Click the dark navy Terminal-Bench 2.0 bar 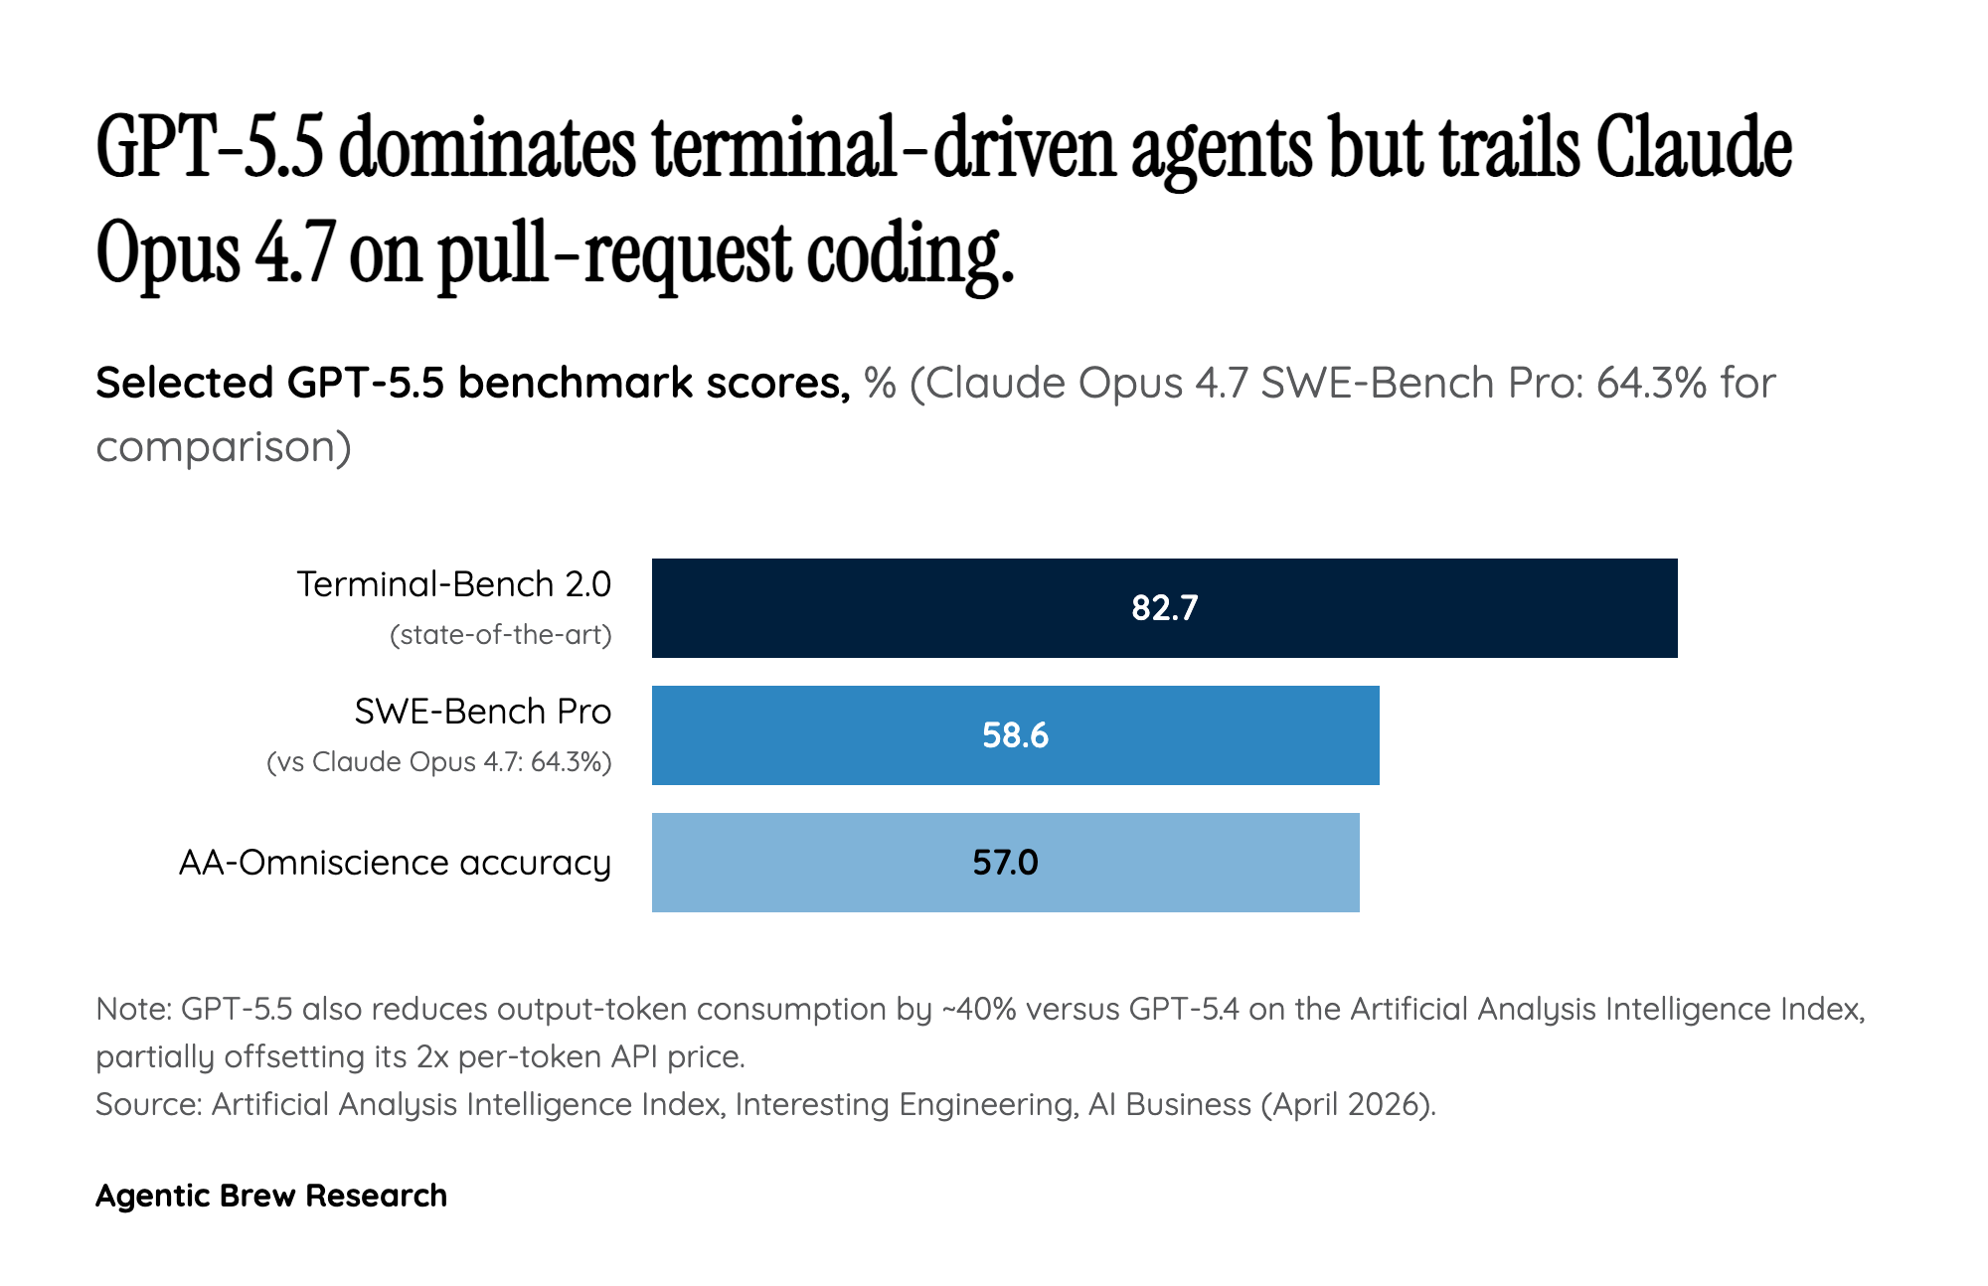(1392, 608)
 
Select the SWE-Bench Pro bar (1193, 735)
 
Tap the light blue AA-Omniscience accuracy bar (1193, 863)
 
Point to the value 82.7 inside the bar (1164, 608)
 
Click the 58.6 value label (1015, 735)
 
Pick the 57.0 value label (1005, 863)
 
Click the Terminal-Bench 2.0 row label (453, 584)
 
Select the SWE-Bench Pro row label (482, 712)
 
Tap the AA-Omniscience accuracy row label (395, 863)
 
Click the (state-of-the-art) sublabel (500, 635)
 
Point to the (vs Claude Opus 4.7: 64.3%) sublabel (438, 762)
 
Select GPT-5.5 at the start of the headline (210, 149)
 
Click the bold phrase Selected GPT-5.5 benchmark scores (472, 383)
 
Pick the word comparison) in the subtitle (224, 447)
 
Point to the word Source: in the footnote (149, 1104)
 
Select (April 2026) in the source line (1348, 1104)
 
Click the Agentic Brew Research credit (271, 1196)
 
